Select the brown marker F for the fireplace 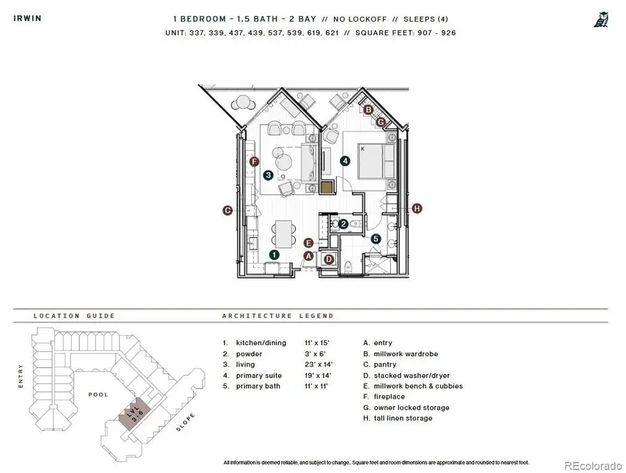pos(255,162)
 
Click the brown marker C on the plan pos(227,210)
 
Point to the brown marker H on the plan pos(417,208)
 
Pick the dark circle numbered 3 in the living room pos(268,175)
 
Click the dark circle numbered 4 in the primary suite pos(344,161)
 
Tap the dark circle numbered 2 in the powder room pos(344,224)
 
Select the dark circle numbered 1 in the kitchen pos(274,255)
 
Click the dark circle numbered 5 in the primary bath pos(376,239)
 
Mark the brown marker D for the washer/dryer pos(329,259)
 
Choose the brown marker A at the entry pos(309,255)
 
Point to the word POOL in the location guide pos(98,394)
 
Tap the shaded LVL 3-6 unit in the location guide pos(133,416)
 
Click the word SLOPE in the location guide pos(184,424)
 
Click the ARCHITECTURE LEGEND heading pos(278,316)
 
